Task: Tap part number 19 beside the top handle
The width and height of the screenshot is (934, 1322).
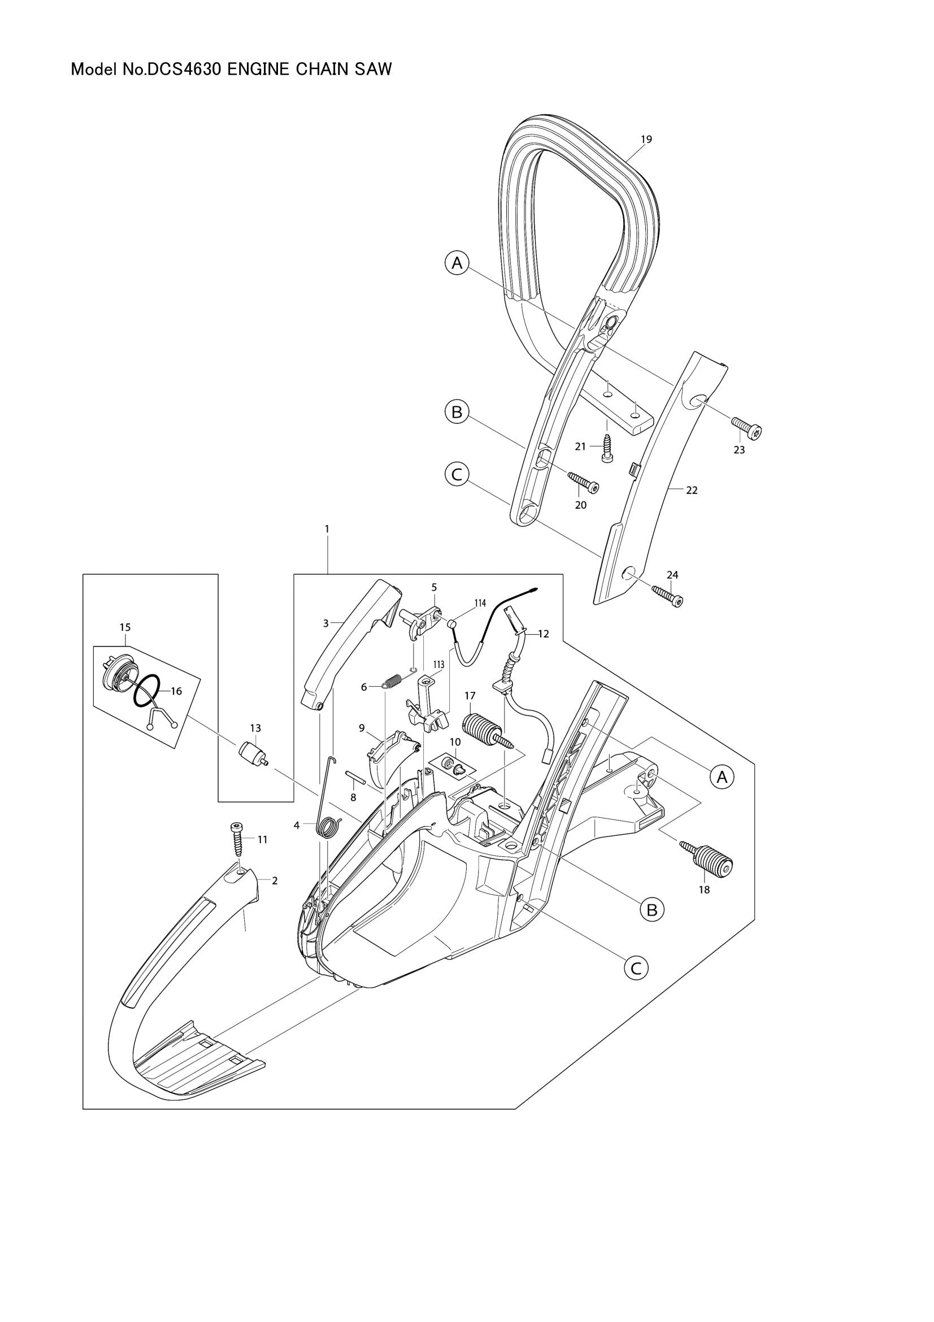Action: (x=646, y=140)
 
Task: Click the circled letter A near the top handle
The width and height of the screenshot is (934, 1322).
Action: (x=457, y=263)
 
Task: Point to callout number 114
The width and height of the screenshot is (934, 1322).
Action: (x=480, y=603)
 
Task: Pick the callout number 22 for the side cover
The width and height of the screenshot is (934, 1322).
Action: (x=692, y=491)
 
